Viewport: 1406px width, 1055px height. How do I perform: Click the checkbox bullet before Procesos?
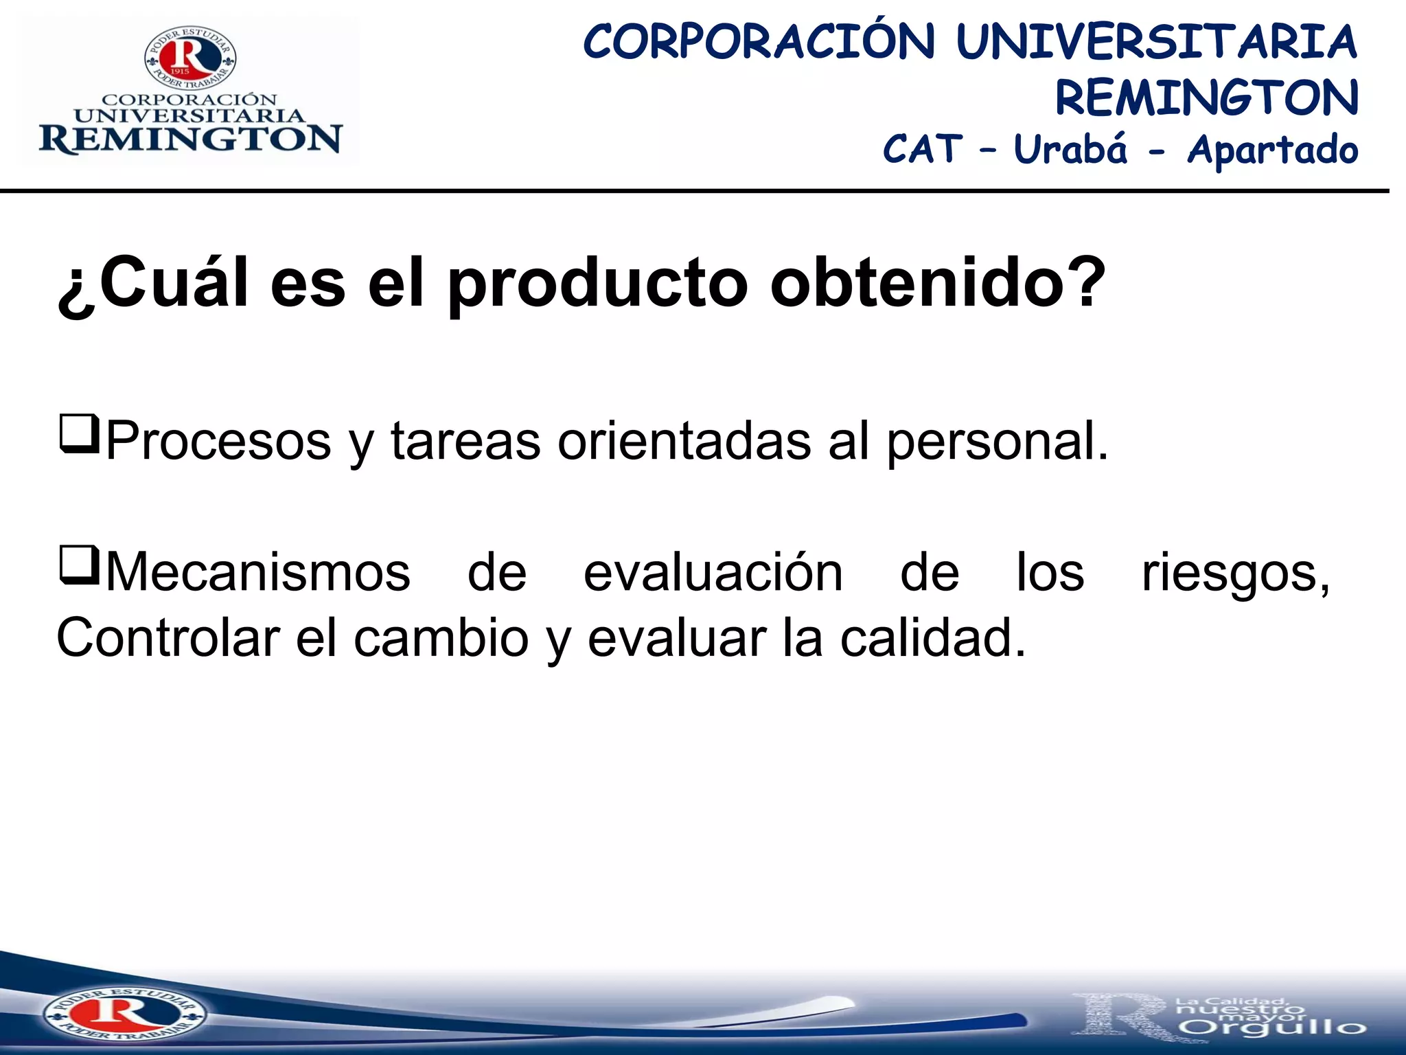(80, 434)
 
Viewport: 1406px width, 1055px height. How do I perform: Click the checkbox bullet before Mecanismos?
(80, 565)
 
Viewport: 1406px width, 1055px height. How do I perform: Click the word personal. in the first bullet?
(998, 441)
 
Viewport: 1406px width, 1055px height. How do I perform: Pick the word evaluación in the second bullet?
(713, 573)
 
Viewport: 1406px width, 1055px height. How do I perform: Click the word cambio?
(441, 638)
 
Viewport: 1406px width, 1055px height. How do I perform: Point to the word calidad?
(933, 638)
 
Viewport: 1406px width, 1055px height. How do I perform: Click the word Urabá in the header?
(1070, 149)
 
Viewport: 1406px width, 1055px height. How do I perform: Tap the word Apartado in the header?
(1272, 150)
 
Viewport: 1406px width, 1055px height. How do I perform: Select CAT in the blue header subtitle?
(922, 149)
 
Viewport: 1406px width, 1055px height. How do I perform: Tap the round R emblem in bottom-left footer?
(124, 1014)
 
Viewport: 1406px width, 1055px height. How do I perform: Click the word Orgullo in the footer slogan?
(1275, 1028)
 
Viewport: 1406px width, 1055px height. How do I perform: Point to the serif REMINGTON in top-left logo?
(190, 139)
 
